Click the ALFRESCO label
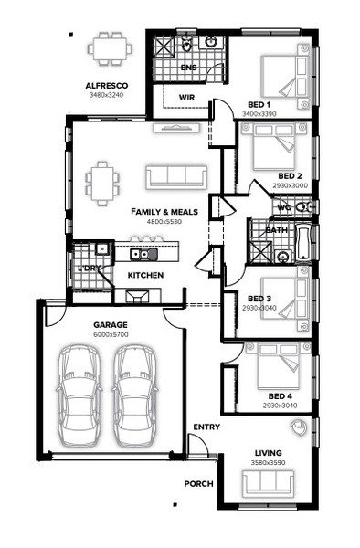107,86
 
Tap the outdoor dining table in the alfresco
110,48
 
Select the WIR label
186,98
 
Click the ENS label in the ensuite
189,68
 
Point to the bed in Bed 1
286,76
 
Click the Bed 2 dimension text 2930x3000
290,185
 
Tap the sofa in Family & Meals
176,177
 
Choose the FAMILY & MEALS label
164,212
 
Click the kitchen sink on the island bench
144,254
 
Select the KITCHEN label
145,276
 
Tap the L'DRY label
90,269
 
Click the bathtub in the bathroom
303,243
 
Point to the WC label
284,207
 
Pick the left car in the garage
79,396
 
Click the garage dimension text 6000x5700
111,334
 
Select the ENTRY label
206,427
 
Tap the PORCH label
198,484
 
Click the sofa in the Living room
269,483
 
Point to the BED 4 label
281,396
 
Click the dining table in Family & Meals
102,184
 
